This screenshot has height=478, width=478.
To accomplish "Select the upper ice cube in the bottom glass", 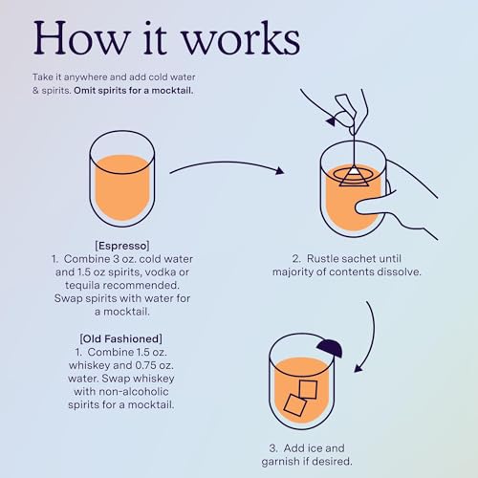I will [x=309, y=387].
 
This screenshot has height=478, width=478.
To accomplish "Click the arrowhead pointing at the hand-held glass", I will [x=279, y=172].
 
